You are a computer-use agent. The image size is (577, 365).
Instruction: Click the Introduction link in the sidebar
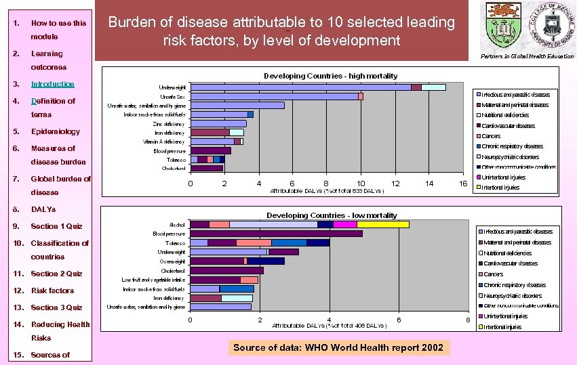[x=52, y=84]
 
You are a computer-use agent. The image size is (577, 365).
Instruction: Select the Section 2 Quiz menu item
[x=56, y=274]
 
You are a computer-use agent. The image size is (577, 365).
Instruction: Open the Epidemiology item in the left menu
[x=55, y=131]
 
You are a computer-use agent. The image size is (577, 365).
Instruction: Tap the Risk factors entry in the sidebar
[x=52, y=291]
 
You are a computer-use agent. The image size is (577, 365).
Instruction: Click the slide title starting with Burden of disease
[x=281, y=31]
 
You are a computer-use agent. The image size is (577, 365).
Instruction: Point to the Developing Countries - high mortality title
[x=330, y=76]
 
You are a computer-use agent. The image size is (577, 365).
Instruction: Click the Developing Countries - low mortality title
[x=332, y=215]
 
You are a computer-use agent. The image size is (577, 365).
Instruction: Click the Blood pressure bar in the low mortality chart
[x=276, y=234]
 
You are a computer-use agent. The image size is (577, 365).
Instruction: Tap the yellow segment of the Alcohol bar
[x=382, y=224]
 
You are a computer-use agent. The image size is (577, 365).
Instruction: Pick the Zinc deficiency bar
[x=218, y=124]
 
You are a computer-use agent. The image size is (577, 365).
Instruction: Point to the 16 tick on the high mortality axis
[x=463, y=184]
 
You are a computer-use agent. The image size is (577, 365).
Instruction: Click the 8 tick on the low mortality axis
[x=466, y=319]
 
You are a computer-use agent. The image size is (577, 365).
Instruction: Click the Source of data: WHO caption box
[x=338, y=348]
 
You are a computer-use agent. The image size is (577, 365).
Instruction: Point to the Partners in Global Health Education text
[x=526, y=56]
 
